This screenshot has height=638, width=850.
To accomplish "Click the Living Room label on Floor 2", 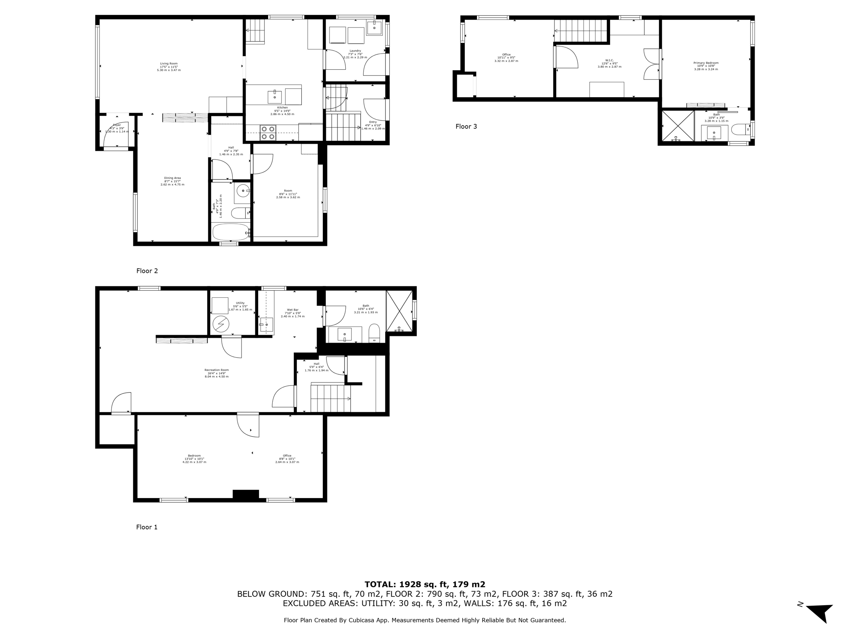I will [x=169, y=66].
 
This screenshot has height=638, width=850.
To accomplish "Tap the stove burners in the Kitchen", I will [x=268, y=133].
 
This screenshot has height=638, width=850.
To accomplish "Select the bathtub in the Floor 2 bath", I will [x=231, y=232].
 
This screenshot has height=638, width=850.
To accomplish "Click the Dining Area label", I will [x=172, y=181].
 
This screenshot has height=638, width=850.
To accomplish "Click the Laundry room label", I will [x=355, y=54].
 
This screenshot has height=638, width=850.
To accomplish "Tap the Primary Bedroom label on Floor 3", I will [x=706, y=66].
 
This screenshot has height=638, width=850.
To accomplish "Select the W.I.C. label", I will [x=609, y=63].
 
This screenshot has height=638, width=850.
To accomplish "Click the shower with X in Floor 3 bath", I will [x=677, y=126].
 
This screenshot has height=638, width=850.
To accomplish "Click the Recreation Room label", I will [x=216, y=373].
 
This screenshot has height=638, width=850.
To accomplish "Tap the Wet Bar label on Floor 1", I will [x=293, y=312].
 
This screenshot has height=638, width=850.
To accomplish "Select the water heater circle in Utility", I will [x=220, y=324].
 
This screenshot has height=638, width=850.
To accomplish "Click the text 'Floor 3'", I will [x=466, y=126].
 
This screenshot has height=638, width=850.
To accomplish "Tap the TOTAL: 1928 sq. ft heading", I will [x=425, y=584].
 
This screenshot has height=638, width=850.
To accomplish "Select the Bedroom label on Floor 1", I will [x=194, y=458].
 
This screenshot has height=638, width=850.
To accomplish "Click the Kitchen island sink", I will [x=274, y=97].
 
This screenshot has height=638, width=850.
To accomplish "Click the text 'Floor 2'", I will [x=147, y=271].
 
